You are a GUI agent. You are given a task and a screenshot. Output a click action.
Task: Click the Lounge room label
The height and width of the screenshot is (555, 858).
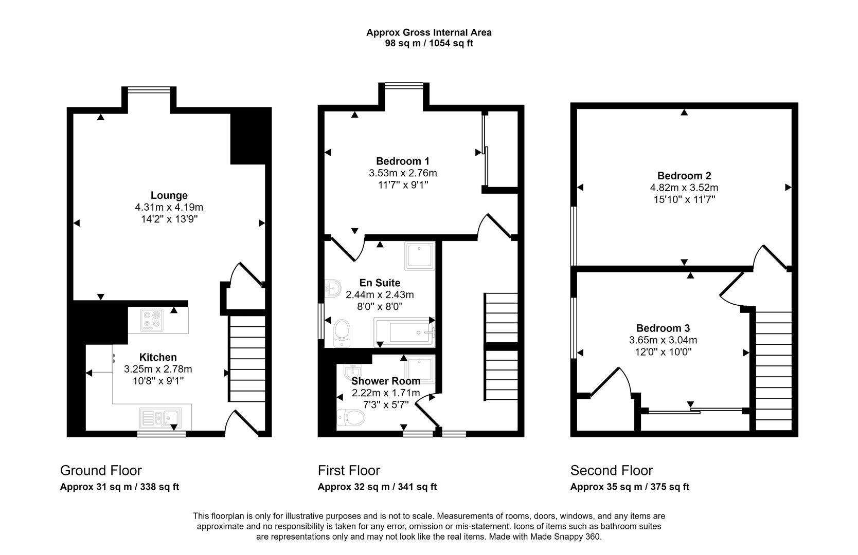point(169,195)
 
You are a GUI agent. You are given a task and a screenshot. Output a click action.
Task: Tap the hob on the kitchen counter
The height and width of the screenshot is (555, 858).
point(152,319)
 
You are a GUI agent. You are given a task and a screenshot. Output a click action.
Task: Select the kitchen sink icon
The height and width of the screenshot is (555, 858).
point(160,418)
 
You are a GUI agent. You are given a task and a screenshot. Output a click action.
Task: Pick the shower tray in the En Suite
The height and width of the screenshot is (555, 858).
point(420,255)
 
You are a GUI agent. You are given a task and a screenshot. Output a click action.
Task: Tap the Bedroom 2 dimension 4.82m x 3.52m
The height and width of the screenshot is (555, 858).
point(684,188)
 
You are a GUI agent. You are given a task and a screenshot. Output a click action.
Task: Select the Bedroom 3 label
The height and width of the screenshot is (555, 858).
point(663,328)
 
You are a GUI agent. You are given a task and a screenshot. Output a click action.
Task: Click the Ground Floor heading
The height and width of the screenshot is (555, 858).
point(101,470)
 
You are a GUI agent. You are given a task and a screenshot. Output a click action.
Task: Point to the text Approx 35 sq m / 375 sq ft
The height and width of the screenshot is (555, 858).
point(630,487)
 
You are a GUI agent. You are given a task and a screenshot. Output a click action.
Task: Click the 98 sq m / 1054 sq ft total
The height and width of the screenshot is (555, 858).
point(429,43)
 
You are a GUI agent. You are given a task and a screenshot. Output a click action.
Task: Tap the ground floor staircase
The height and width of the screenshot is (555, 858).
point(247,358)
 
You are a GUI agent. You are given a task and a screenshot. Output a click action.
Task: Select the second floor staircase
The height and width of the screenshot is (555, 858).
point(774,370)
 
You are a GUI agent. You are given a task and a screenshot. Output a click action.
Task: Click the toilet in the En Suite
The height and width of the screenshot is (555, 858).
point(342,332)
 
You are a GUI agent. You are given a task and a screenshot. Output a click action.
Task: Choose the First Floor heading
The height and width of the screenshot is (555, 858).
point(349,470)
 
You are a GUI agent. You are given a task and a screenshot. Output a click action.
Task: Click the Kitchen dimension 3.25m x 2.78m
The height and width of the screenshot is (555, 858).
point(158,369)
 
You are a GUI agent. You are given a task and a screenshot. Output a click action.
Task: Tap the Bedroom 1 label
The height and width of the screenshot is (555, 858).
point(402,161)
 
